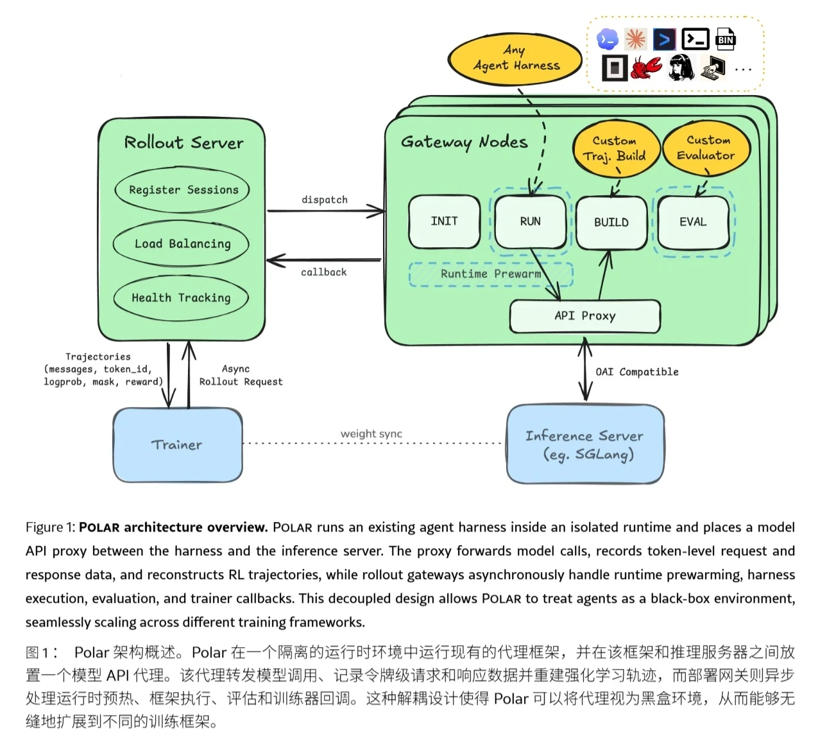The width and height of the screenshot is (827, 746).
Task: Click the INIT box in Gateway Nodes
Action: [x=445, y=221]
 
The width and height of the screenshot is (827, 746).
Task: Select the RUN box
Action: [x=530, y=221]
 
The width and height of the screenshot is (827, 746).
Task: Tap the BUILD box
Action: [x=611, y=223]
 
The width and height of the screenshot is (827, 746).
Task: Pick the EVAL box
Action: [x=694, y=222]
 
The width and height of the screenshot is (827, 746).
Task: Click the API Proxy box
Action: [x=585, y=316]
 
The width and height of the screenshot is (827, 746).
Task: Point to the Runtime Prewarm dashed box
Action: [x=491, y=274]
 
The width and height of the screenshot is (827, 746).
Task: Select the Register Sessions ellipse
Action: [x=182, y=190]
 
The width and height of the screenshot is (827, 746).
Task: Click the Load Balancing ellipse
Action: [x=181, y=244]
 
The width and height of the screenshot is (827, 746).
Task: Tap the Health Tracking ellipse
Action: [x=181, y=298]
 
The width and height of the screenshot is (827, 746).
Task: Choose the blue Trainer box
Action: [x=178, y=445]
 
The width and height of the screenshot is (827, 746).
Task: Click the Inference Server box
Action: [x=585, y=444]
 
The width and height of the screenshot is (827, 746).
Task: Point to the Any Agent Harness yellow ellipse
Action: [x=515, y=59]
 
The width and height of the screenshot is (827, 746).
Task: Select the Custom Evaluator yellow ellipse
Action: [x=706, y=148]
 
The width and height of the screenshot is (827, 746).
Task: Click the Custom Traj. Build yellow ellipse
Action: [x=615, y=148]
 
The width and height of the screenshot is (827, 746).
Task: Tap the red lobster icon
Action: [x=646, y=67]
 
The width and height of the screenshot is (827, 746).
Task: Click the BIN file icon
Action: [x=726, y=39]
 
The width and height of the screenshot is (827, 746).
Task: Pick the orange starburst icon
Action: [x=635, y=39]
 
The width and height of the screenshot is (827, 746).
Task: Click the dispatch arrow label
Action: [x=325, y=200]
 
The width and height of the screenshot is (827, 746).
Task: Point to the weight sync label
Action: [x=371, y=433]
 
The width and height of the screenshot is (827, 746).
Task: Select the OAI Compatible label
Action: [x=637, y=372]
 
